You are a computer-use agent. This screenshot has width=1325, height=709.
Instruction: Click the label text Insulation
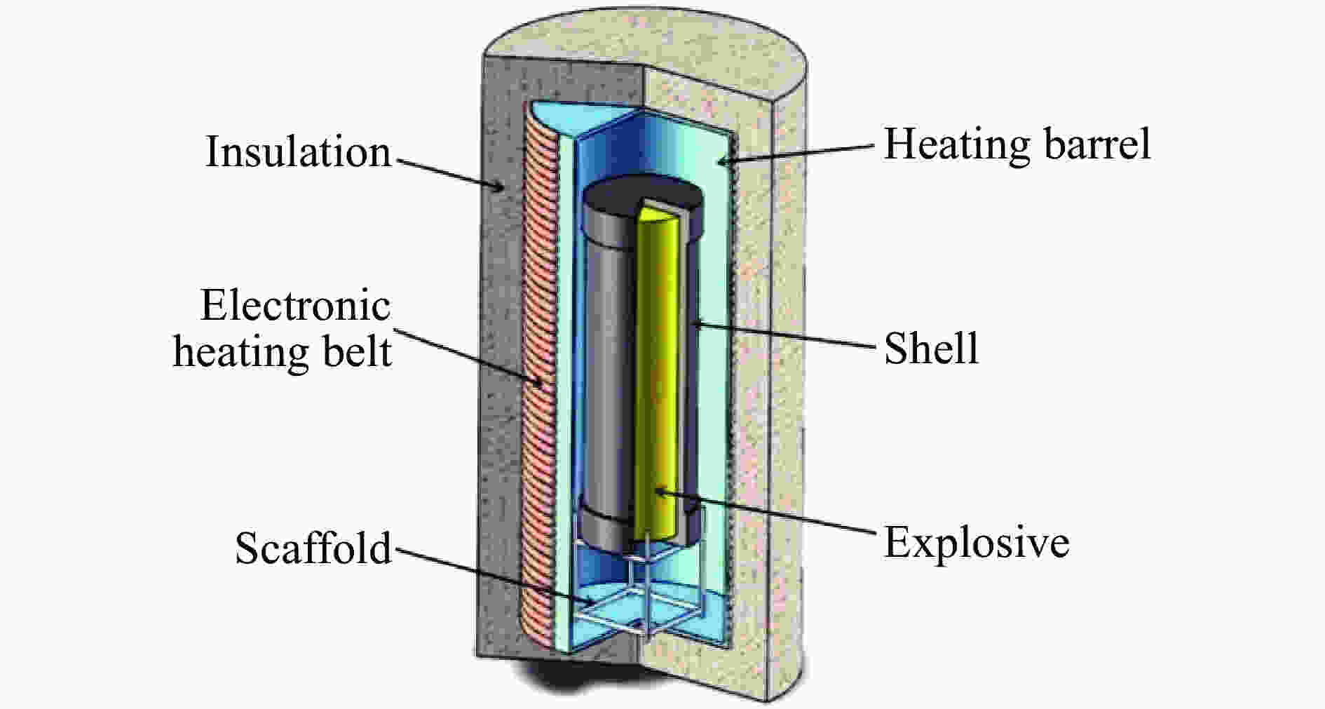pos(298,152)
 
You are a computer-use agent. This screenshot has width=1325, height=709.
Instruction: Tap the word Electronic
pos(295,306)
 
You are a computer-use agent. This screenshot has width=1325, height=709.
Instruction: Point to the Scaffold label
pos(313,548)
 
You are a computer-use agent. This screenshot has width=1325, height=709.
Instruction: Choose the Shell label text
pos(931,348)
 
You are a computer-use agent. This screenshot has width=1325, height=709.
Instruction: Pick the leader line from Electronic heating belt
pos(466,356)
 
